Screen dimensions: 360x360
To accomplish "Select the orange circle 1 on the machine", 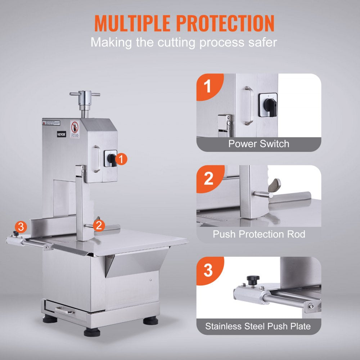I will [x=122, y=159].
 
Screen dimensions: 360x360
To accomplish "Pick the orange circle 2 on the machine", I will [x=99, y=225].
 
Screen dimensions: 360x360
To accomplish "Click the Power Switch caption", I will [x=258, y=144].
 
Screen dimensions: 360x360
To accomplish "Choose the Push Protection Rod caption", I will [x=258, y=234].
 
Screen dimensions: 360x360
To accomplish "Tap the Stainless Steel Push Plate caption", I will [x=258, y=327].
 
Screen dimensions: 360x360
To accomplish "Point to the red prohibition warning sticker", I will [x=75, y=129].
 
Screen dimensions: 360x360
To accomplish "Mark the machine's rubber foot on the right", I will [x=150, y=320].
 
